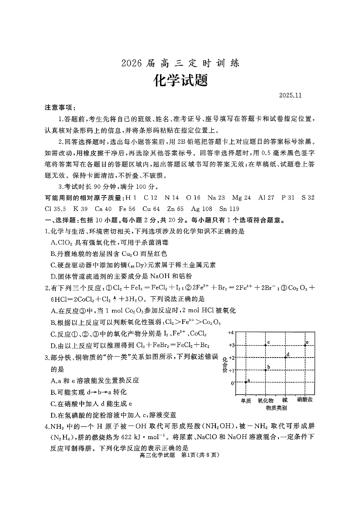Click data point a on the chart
pyautogui.click(x=246, y=382)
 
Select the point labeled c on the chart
pyautogui.click(x=266, y=345)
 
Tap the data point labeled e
pyautogui.click(x=305, y=345)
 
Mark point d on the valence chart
pyautogui.click(x=285, y=357)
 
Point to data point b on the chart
pyautogui.click(x=266, y=370)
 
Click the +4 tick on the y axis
pyautogui.click(x=231, y=333)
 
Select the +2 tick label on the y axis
pyautogui.click(x=231, y=357)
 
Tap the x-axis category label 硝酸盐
pyautogui.click(x=305, y=401)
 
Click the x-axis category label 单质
pyautogui.click(x=246, y=401)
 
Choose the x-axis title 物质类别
pyautogui.click(x=276, y=408)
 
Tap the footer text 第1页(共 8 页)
pyautogui.click(x=200, y=456)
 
